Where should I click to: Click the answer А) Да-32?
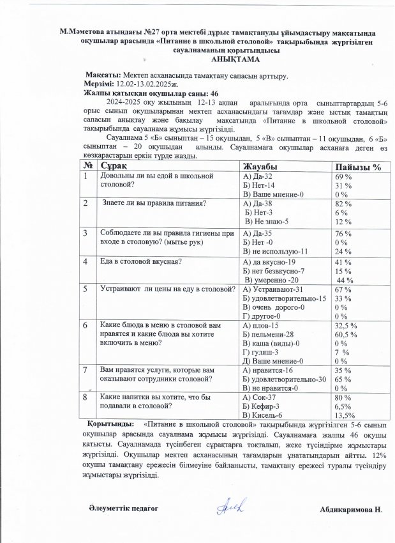point(258,176)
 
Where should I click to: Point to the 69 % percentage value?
point(344,176)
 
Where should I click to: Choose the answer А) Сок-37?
point(259,397)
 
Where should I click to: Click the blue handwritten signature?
point(227,507)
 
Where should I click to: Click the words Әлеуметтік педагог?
point(122,508)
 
